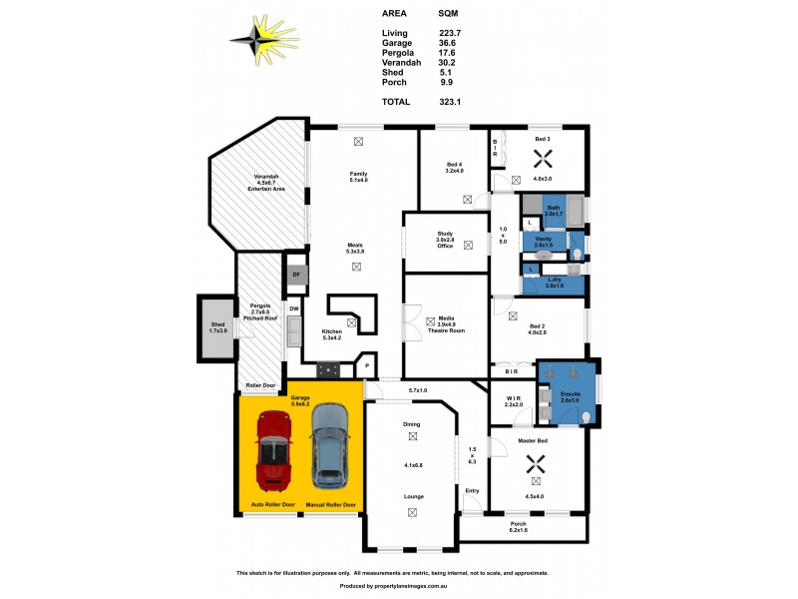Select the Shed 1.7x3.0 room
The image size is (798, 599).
(x=217, y=326)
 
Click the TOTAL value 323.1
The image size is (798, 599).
(x=450, y=102)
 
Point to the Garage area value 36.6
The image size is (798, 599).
(x=448, y=43)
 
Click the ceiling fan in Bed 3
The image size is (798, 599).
(x=542, y=158)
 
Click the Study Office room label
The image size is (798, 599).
(x=445, y=243)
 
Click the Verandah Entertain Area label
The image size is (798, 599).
(x=267, y=184)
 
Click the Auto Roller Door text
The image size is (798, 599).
(x=272, y=505)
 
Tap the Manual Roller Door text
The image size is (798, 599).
(x=331, y=505)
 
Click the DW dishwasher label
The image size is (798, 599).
(x=294, y=309)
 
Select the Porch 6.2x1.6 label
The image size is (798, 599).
(x=518, y=526)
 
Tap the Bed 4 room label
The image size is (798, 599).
(x=455, y=168)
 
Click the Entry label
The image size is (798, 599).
(x=472, y=490)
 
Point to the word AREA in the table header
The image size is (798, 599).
(x=394, y=14)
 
